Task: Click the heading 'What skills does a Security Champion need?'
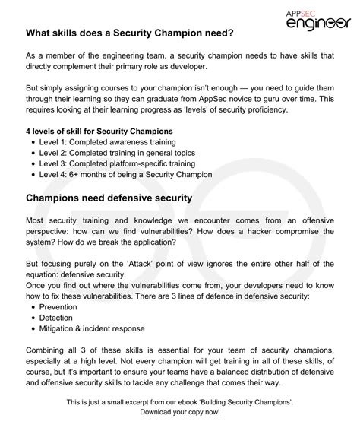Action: click(130, 34)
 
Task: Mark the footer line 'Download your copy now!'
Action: click(180, 411)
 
